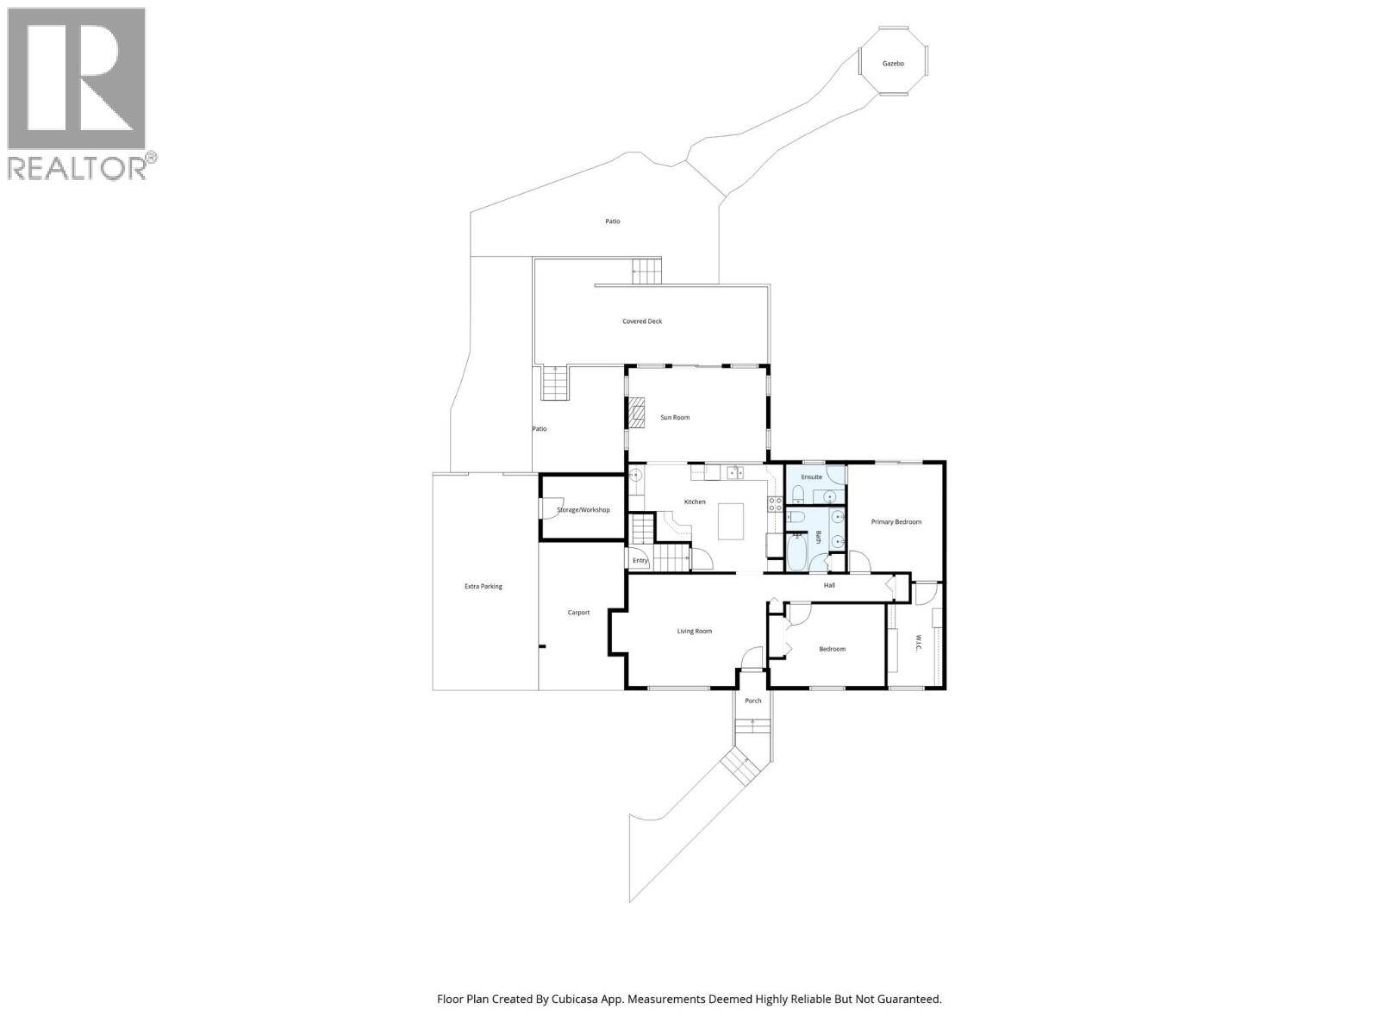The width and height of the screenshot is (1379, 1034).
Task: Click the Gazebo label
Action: coord(893,64)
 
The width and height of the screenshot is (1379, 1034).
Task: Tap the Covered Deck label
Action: coord(642,321)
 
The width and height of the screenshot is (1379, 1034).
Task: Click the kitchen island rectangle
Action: coord(731,521)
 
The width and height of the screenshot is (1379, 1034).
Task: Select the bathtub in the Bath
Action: coord(796,552)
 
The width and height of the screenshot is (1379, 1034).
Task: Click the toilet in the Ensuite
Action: coord(797,494)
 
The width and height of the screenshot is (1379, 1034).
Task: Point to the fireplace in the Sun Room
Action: coord(636,413)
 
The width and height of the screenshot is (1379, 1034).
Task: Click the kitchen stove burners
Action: coord(775,504)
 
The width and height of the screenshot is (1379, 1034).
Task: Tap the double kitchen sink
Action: coord(735,471)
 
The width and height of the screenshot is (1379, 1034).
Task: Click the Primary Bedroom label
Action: coord(895,522)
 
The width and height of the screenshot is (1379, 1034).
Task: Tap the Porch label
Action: coord(752,701)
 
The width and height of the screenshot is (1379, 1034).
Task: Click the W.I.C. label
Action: coord(917,643)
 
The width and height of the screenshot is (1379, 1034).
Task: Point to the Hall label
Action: coord(829,585)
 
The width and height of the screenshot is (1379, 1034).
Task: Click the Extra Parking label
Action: coord(483,587)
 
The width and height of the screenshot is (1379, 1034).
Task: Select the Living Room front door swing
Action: coord(752,657)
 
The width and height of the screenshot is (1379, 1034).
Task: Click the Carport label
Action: coord(578,613)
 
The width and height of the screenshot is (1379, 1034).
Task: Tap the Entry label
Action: coord(640,561)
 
